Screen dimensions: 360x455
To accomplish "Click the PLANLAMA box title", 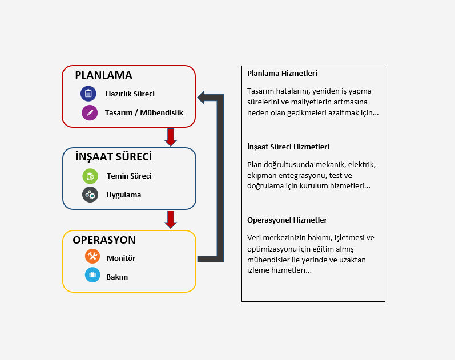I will coord(103,75).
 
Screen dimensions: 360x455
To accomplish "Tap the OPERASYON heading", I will coord(104,240).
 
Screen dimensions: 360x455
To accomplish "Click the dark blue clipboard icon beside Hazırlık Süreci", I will coord(88,94).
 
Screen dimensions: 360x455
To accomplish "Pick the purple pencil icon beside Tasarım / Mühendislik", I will coord(90,112).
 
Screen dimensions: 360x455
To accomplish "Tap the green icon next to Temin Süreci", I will coord(90,176).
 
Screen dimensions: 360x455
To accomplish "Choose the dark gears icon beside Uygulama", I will coord(90,195).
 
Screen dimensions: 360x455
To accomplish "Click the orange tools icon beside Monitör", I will coord(92,257).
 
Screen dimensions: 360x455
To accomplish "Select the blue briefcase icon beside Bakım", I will coord(92,276).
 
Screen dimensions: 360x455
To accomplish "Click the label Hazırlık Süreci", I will coord(130,94).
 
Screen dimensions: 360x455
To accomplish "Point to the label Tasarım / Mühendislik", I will coord(144,112).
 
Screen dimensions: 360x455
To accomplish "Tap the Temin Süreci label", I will coord(129,176).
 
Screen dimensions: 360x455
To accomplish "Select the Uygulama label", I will coord(123,195).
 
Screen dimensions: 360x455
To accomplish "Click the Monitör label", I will coord(121,258).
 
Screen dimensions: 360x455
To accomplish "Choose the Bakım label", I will coord(117,277).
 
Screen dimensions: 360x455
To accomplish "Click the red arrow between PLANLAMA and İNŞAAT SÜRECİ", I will coord(170,137).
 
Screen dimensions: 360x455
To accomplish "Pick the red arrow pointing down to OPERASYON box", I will coord(170,219).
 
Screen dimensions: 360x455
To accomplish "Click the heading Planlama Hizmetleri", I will coord(282,74).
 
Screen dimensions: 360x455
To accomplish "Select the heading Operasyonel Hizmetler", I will coord(287,220).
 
